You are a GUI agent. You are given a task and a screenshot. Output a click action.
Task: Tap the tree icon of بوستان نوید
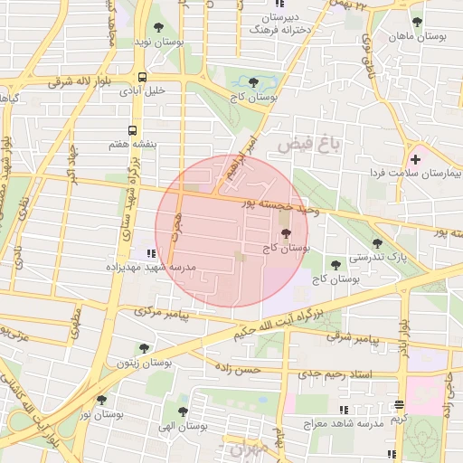click(x=159, y=27)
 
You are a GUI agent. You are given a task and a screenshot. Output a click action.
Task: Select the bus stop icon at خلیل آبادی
click(x=142, y=77)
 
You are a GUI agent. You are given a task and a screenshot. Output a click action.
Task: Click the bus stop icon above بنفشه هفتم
click(x=133, y=130)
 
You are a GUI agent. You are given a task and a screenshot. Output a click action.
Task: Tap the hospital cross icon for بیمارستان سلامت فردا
click(x=415, y=159)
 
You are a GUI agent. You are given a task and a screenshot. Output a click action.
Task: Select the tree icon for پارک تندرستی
click(x=377, y=242)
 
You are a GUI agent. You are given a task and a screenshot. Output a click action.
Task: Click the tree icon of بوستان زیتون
click(x=143, y=348)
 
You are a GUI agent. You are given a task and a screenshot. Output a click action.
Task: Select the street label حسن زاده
click(x=238, y=369)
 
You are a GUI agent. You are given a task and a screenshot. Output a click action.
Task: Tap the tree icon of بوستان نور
click(x=100, y=399)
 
